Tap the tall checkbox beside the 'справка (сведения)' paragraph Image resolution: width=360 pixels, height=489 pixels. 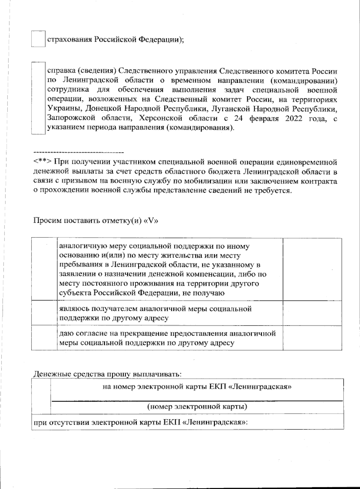[x=38, y=98]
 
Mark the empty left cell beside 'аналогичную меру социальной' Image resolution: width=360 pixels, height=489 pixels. [x=44, y=269]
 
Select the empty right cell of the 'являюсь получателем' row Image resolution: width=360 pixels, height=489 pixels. [x=312, y=312]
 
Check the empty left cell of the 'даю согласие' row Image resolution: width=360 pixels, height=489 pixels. [x=44, y=337]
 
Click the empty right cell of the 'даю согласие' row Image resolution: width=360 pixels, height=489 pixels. [x=312, y=337]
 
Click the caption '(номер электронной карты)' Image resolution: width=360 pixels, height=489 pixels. [x=197, y=407]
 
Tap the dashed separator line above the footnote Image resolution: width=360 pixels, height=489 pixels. [x=79, y=152]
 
